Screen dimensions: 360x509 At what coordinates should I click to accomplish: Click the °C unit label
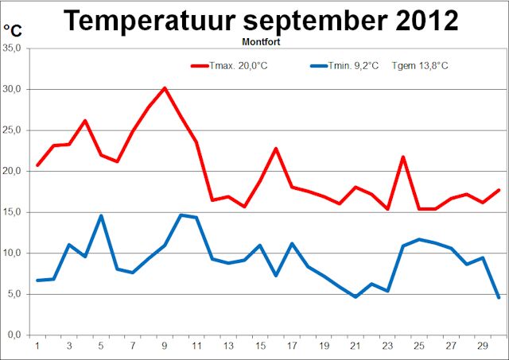click(x=13, y=31)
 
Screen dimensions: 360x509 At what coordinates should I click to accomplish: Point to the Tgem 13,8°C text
click(x=420, y=65)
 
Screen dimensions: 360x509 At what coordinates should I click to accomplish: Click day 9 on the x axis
click(x=165, y=346)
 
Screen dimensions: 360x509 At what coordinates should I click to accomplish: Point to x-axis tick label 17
click(x=292, y=346)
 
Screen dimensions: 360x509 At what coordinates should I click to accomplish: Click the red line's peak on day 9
click(x=165, y=88)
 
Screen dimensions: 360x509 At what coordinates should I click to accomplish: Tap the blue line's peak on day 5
click(x=101, y=215)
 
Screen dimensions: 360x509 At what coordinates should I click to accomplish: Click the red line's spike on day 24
click(x=403, y=157)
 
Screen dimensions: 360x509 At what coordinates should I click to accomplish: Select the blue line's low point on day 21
click(x=356, y=296)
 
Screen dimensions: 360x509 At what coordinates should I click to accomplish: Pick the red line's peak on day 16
click(x=276, y=149)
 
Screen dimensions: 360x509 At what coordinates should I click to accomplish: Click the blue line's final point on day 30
click(x=499, y=297)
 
